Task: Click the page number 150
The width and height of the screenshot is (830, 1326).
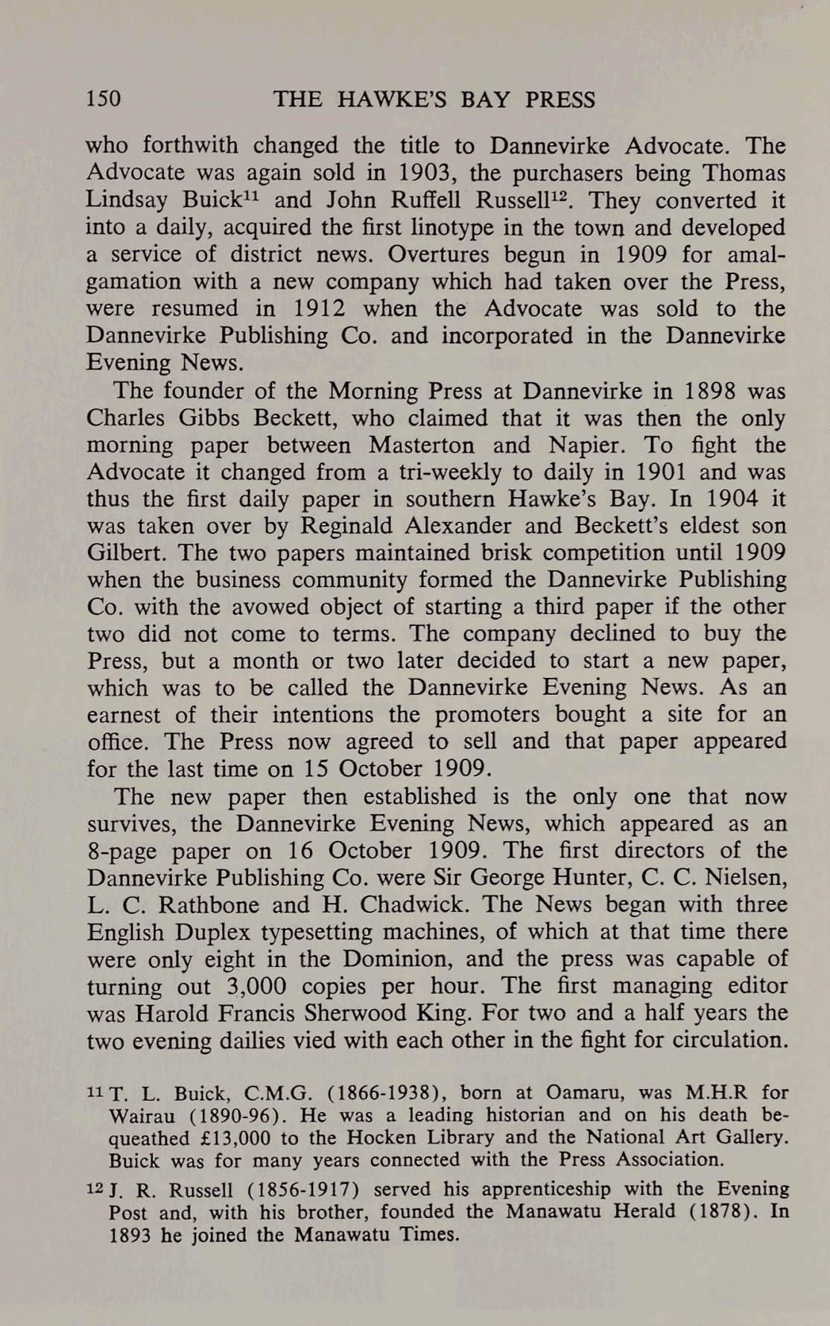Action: (x=104, y=99)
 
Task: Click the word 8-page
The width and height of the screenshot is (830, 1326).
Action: (x=123, y=851)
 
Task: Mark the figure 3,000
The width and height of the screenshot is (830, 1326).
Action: (x=256, y=986)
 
